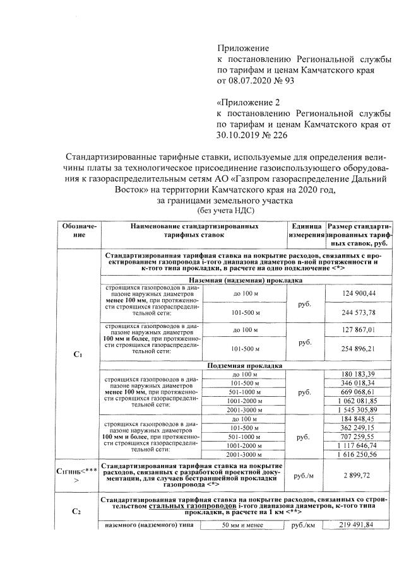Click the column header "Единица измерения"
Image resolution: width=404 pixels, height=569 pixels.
(x=306, y=230)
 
